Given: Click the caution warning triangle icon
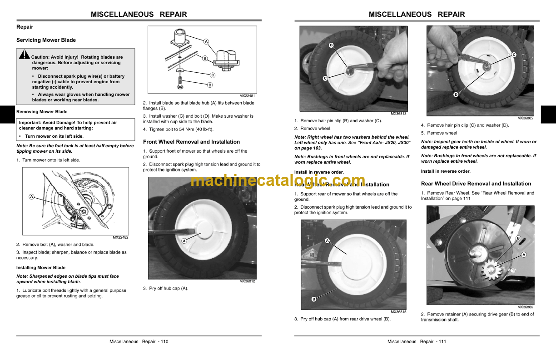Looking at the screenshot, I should (25, 55).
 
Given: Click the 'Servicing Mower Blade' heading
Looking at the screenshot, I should (46, 40).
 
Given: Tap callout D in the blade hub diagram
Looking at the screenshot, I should (210, 85).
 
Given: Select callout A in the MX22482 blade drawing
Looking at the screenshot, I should (31, 197).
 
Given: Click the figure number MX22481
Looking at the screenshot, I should (247, 95).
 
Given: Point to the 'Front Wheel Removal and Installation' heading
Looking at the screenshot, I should (191, 142).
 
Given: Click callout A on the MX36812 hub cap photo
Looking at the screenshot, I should (184, 241).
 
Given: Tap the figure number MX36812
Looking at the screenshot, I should (247, 281).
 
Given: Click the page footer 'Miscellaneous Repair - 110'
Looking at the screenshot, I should (139, 341).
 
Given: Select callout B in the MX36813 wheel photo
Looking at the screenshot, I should (331, 45).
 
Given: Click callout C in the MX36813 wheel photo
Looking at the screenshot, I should (325, 79).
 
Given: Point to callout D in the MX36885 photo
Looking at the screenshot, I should (456, 95).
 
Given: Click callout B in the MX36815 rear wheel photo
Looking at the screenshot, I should (313, 299).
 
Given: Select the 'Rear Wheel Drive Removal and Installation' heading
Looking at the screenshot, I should (476, 184).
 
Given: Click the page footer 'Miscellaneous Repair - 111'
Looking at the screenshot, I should (417, 341).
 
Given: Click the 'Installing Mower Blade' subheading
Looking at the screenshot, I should (41, 268).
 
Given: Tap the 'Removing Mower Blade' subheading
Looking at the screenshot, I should (42, 112).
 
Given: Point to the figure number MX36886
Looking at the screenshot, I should (525, 307).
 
